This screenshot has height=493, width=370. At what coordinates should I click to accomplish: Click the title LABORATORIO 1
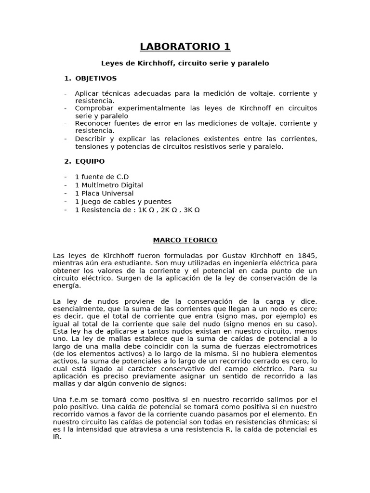pos(185,47)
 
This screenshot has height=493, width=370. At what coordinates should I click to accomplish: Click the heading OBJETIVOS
pos(96,78)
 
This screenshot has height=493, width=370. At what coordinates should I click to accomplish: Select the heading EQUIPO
pos(90,161)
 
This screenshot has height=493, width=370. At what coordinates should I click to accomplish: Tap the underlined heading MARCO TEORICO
pos(185,240)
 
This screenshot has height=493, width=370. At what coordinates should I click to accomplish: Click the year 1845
pos(307,255)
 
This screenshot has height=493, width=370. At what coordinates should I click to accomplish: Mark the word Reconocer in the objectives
pos(92,123)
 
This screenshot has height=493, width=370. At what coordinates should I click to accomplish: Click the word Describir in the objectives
pos(90,139)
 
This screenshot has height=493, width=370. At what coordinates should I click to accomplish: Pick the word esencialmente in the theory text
pos(77,309)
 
